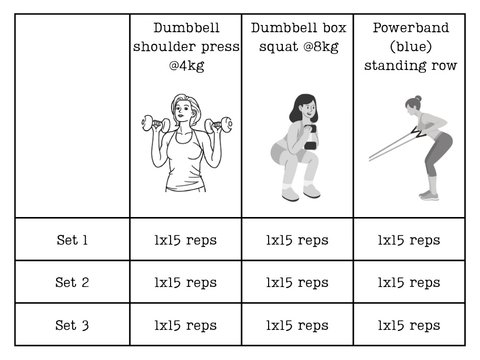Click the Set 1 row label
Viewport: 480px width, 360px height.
pyautogui.click(x=72, y=240)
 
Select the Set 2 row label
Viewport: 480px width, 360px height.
pyautogui.click(x=72, y=282)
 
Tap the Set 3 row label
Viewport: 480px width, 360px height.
pyautogui.click(x=72, y=325)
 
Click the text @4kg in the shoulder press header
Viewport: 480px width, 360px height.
pyautogui.click(x=186, y=66)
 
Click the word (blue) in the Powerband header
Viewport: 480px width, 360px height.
pyautogui.click(x=411, y=47)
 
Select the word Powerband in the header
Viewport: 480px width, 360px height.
pyautogui.click(x=411, y=28)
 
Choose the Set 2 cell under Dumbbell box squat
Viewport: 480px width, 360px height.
pyautogui.click(x=297, y=282)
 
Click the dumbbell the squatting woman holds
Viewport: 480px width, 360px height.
pyautogui.click(x=310, y=137)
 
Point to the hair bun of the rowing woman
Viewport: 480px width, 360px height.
pyautogui.click(x=418, y=99)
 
